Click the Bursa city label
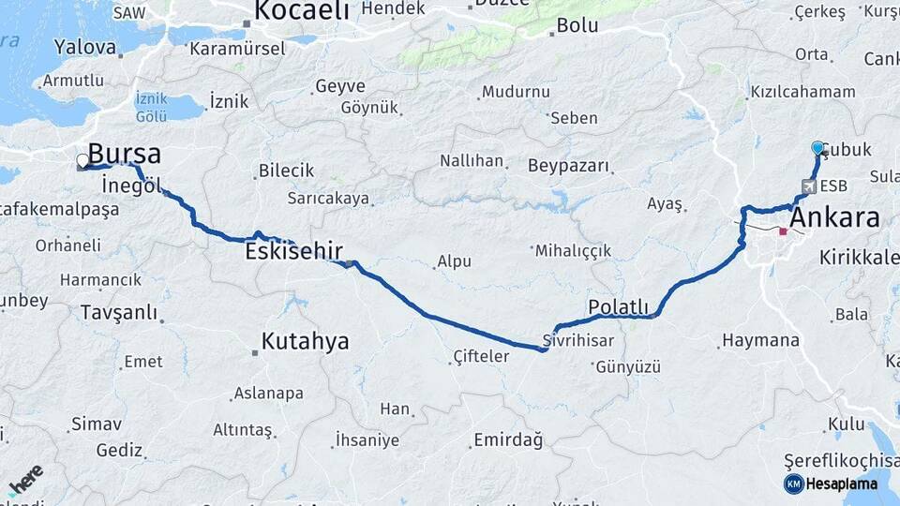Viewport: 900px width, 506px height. tap(125, 154)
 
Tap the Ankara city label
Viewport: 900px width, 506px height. tap(835, 218)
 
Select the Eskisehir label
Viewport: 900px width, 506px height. tap(293, 251)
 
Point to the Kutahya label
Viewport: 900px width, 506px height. tap(305, 341)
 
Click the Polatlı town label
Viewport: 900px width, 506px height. tap(618, 306)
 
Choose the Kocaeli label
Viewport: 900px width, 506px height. tap(302, 11)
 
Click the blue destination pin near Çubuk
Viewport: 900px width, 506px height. tap(817, 148)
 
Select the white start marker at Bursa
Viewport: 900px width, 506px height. tap(82, 160)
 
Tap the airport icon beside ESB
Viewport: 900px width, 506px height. tap(808, 186)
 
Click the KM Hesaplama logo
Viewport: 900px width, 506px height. tap(831, 484)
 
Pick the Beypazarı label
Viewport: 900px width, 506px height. tap(568, 167)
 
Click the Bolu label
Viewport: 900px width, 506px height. tap(577, 25)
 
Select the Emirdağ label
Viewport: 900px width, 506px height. tap(508, 439)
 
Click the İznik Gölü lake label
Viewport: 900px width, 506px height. tap(151, 106)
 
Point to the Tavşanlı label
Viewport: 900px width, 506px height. tap(119, 312)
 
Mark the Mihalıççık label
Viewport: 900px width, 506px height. tap(573, 250)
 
